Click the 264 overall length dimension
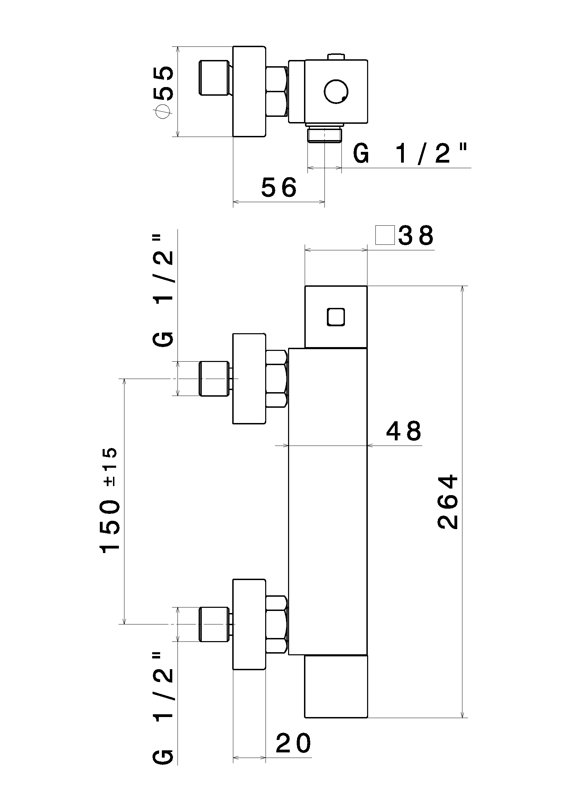(x=448, y=502)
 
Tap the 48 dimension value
(x=403, y=431)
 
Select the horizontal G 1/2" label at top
(x=410, y=154)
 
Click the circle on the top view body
(x=336, y=92)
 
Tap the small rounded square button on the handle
(x=336, y=317)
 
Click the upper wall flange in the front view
(x=249, y=378)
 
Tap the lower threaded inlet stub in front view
(x=214, y=624)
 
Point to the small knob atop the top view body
(x=336, y=57)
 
